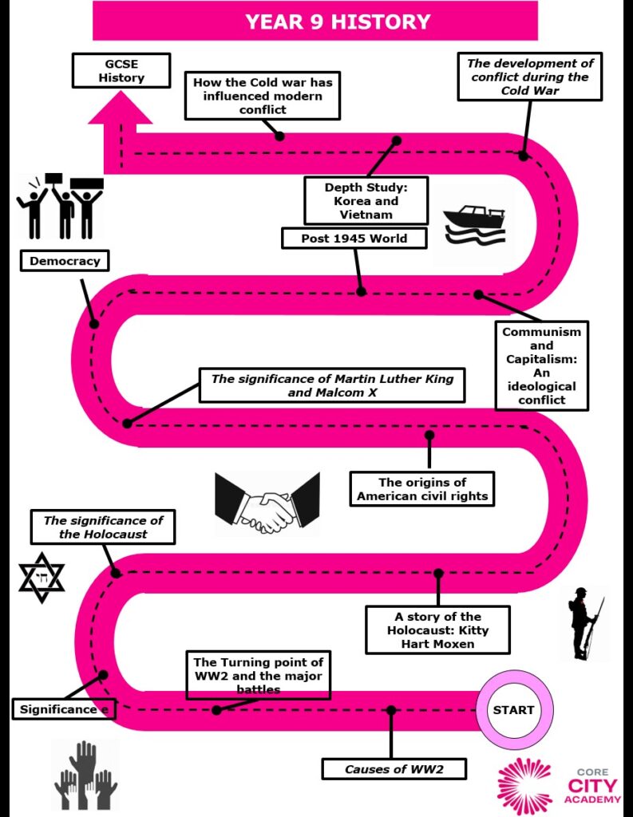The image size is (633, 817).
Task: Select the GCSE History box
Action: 121,70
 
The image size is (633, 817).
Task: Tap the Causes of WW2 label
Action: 394,769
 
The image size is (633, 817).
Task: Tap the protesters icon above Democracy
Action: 60,207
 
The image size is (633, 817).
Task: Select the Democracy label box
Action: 65,261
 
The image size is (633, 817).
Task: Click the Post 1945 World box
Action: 354,239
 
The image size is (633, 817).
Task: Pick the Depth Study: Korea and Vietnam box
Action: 365,200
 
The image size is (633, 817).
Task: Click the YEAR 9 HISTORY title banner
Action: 315,21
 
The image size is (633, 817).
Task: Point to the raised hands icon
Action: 85,774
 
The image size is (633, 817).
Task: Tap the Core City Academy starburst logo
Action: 524,787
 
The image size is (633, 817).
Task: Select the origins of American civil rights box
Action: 422,489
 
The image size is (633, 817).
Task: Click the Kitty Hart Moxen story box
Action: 437,630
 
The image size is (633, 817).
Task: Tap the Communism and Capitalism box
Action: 541,365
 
